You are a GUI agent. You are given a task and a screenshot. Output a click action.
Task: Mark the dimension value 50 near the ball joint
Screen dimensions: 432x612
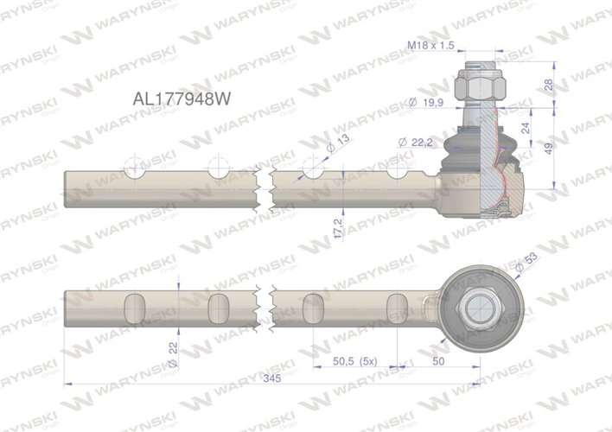440,361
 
